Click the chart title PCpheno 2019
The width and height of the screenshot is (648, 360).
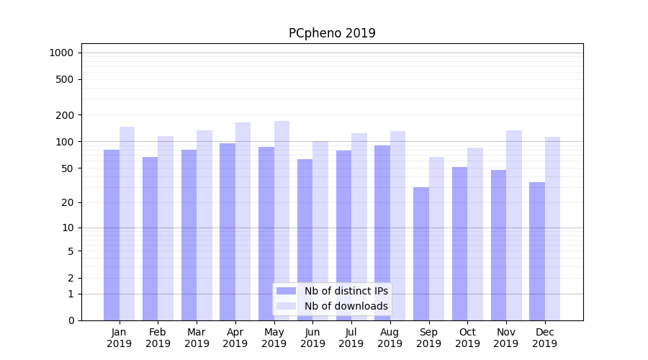[x=332, y=33]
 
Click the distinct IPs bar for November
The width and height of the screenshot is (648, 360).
[x=499, y=245]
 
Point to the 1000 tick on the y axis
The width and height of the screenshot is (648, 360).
[x=61, y=53]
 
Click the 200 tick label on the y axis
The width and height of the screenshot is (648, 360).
[x=66, y=115]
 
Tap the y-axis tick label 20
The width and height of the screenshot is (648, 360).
[x=68, y=202]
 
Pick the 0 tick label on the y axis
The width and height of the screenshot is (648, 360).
[x=71, y=320]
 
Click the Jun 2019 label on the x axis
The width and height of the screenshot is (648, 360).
[x=312, y=338]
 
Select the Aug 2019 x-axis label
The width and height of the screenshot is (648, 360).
[x=390, y=338]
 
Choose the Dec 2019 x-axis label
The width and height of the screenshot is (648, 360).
[x=545, y=338]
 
